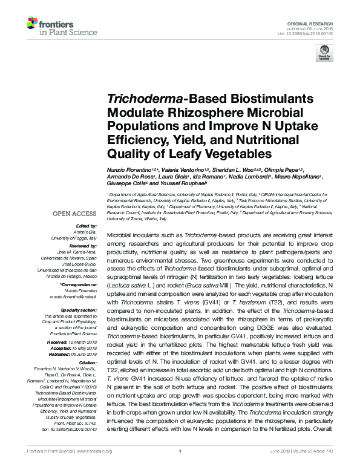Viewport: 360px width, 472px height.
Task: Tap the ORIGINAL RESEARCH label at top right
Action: [318, 22]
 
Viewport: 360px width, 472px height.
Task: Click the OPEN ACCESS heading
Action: [74, 214]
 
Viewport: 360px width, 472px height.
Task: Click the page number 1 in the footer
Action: [180, 467]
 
